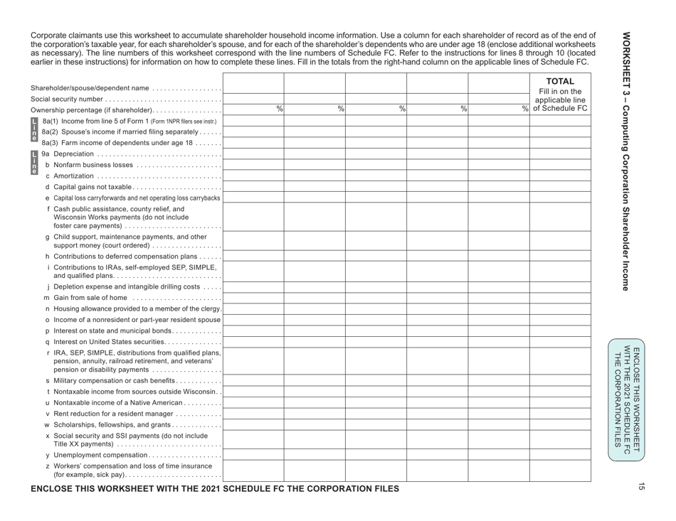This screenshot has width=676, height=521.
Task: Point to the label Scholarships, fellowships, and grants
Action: [x=110, y=424]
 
